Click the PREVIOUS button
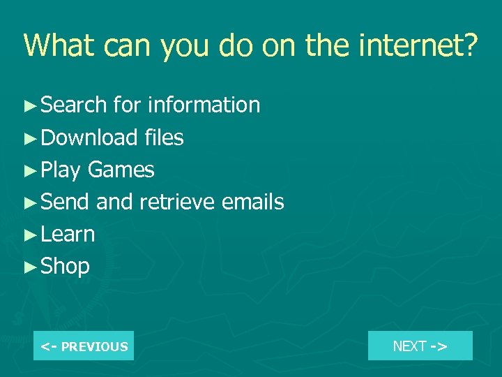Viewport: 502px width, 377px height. [x=84, y=346]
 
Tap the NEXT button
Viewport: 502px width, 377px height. [x=420, y=346]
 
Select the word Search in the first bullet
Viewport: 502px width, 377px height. [x=74, y=105]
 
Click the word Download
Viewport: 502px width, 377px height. [x=90, y=138]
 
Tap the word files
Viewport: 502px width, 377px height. [x=165, y=138]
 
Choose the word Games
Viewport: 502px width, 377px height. [x=121, y=170]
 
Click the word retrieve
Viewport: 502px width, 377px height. [x=177, y=202]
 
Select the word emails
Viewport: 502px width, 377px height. [x=252, y=202]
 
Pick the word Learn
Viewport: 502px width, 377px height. [x=68, y=235]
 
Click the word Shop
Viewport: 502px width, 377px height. [x=66, y=267]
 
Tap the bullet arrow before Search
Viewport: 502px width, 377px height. [x=29, y=106]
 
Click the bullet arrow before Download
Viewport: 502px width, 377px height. [x=29, y=138]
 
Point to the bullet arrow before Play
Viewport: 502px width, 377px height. [x=29, y=170]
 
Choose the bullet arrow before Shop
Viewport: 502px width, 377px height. [x=29, y=267]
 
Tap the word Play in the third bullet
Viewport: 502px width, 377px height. [x=61, y=170]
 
